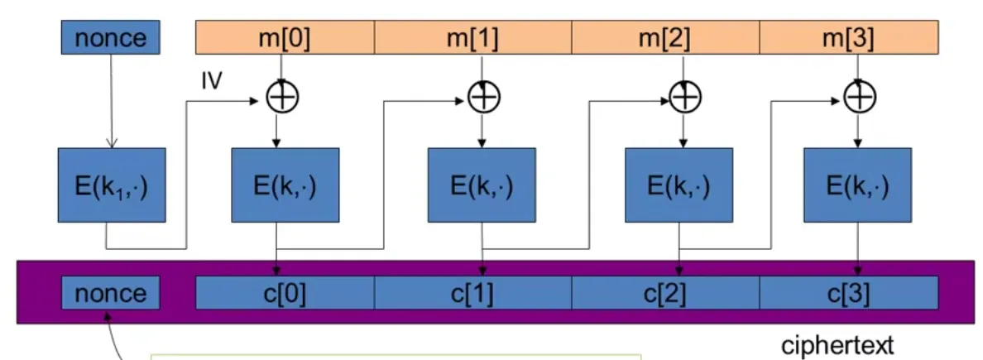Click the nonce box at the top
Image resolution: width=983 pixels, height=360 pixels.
tap(110, 36)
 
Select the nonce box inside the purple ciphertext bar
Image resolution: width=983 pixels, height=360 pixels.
tap(110, 293)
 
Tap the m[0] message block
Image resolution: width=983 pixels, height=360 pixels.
tap(285, 36)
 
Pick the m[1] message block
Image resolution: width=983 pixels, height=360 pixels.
tap(472, 36)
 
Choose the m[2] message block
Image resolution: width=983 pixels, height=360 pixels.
tap(664, 36)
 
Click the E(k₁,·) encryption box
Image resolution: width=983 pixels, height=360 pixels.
tap(113, 186)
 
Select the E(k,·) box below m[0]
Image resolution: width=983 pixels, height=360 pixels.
tap(285, 186)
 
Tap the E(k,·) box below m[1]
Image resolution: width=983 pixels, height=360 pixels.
tap(481, 186)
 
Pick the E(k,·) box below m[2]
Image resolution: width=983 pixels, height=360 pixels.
tap(679, 186)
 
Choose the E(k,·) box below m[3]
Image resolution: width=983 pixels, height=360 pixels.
tap(857, 186)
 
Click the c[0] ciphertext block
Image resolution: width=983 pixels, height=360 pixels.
tap(285, 293)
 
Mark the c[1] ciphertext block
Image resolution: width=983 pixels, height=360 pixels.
tap(472, 293)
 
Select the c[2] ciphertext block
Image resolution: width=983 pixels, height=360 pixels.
tap(664, 293)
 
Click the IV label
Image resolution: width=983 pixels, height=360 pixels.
tap(213, 83)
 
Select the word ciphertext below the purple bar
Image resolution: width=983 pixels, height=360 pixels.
tap(837, 345)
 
